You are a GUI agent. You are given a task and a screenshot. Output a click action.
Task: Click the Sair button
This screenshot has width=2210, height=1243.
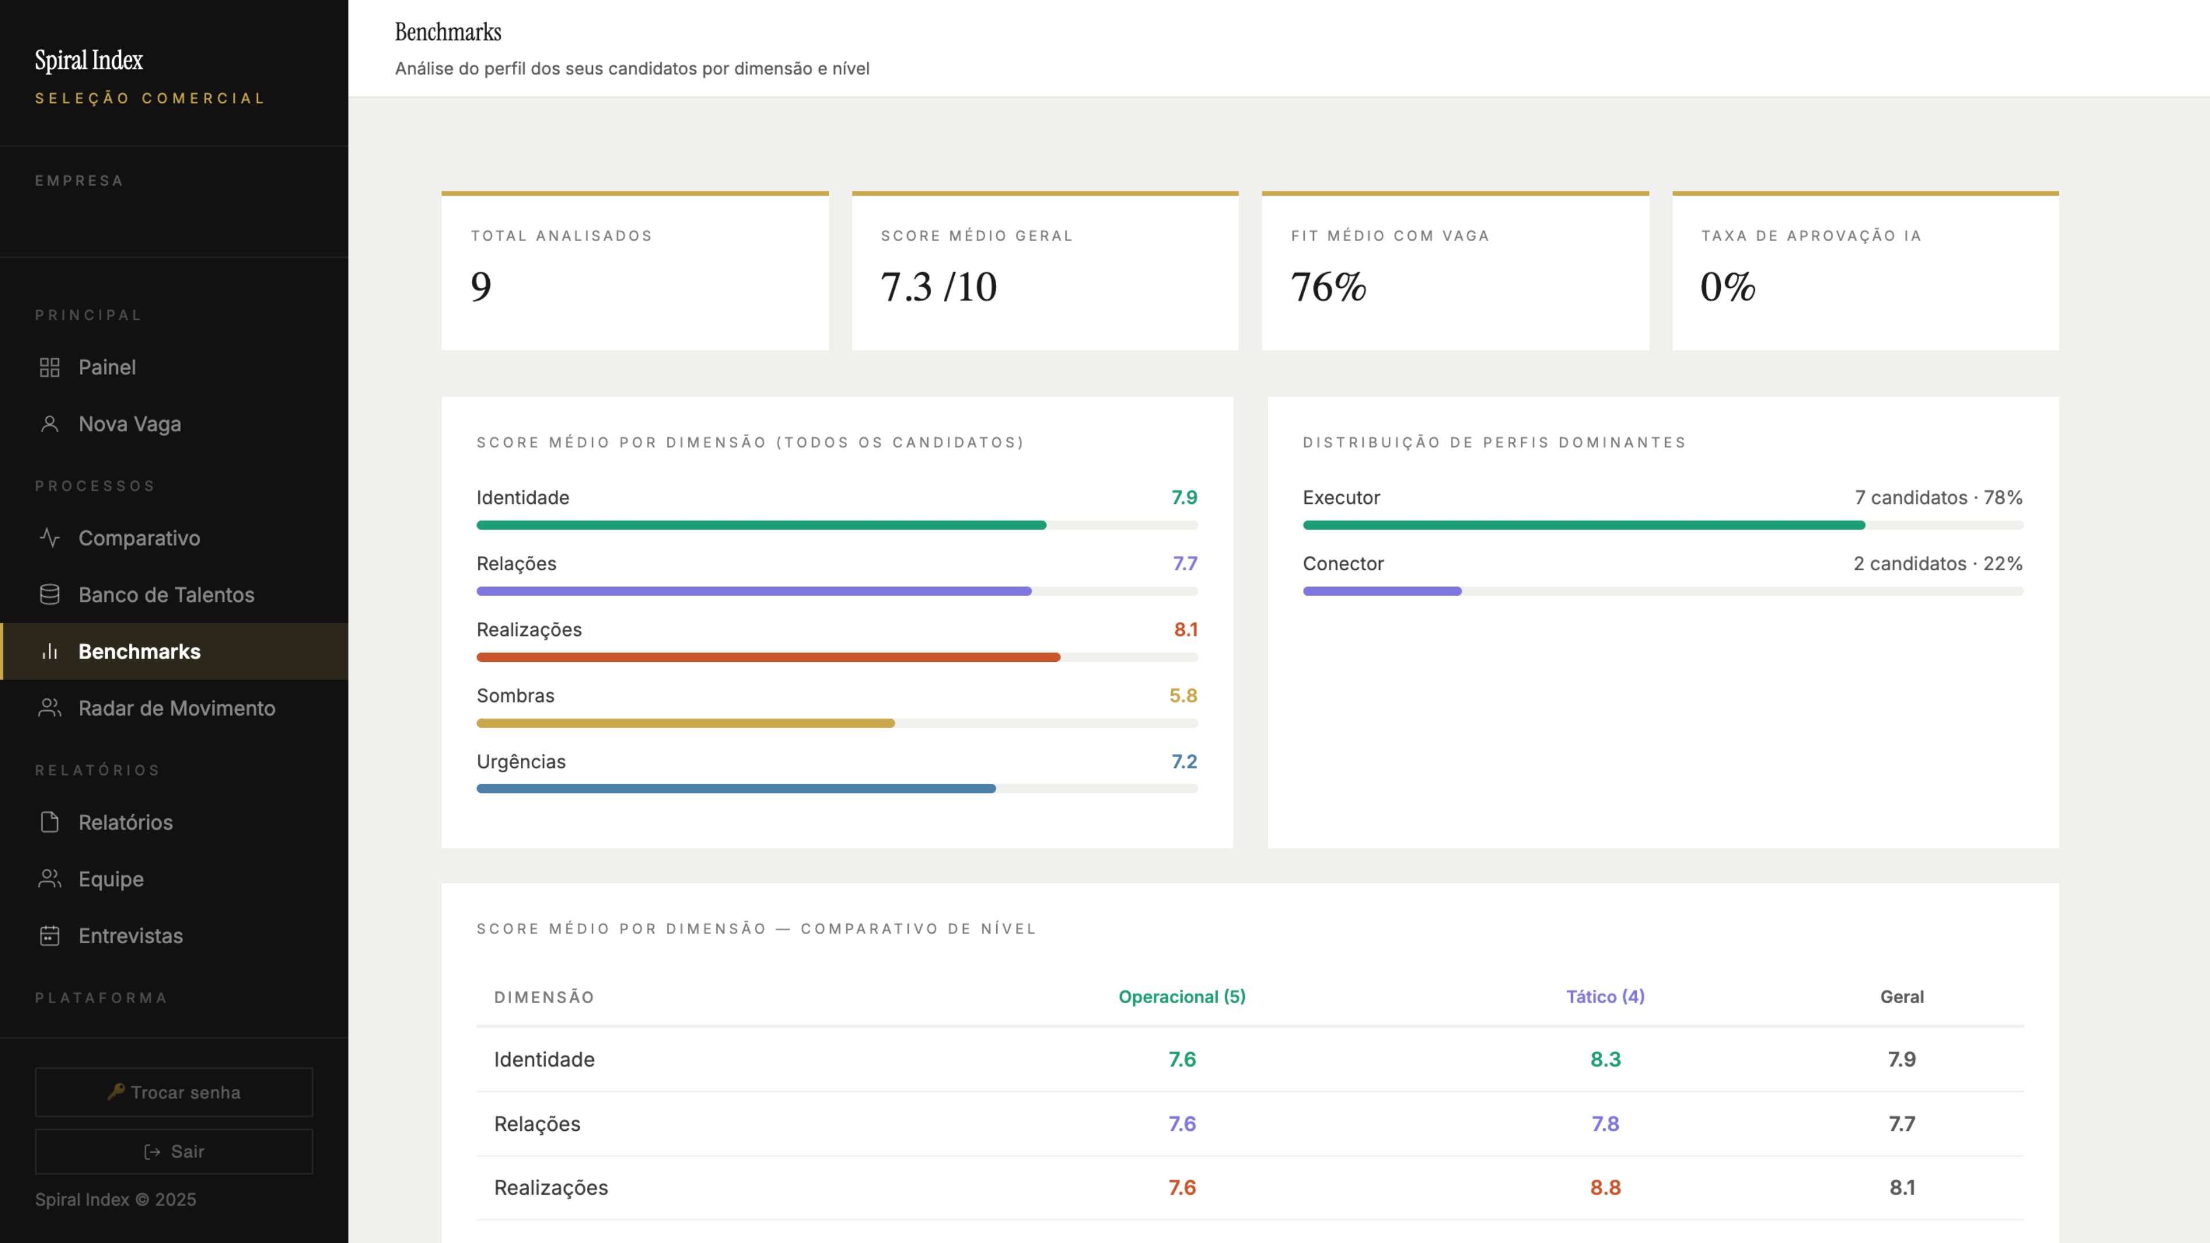click(x=174, y=1151)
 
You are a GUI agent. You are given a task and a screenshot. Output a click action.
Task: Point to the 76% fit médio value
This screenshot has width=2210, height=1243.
click(x=1328, y=287)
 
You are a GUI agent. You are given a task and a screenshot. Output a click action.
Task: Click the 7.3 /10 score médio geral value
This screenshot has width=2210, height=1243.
click(x=939, y=287)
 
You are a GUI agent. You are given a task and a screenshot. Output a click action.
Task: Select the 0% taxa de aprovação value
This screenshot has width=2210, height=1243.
click(x=1727, y=287)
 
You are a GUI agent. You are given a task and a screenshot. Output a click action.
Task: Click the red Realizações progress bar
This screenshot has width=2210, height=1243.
click(x=768, y=657)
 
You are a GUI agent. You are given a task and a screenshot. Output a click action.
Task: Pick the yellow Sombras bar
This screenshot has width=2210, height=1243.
click(x=685, y=723)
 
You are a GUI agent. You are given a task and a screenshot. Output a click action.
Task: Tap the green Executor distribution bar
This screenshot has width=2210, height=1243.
click(x=1584, y=525)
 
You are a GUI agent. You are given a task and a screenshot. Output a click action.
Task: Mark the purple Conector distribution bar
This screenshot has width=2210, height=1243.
click(x=1382, y=591)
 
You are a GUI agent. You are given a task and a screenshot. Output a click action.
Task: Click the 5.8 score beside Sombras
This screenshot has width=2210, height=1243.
click(x=1183, y=696)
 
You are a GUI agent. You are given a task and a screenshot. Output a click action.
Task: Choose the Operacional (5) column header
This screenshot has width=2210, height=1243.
click(x=1182, y=997)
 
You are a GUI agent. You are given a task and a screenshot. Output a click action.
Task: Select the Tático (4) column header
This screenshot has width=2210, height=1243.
click(x=1605, y=997)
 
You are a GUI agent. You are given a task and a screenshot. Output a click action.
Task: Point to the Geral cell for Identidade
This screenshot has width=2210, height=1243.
click(x=1901, y=1059)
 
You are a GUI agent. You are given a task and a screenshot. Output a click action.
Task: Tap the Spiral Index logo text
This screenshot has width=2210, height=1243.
click(x=89, y=60)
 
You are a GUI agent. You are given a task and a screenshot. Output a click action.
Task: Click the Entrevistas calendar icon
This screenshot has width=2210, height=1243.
click(x=49, y=935)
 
